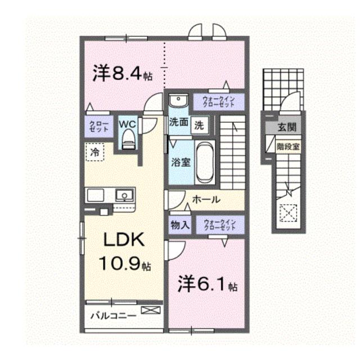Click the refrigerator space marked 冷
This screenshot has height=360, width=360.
point(95,152)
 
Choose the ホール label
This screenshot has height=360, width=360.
point(205,199)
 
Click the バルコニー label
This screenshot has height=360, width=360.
point(113,316)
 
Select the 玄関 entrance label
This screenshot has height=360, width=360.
point(287,128)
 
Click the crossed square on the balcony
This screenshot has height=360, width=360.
point(150,309)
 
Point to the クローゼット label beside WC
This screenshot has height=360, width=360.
point(98,125)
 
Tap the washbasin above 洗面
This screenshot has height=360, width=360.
point(178,102)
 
